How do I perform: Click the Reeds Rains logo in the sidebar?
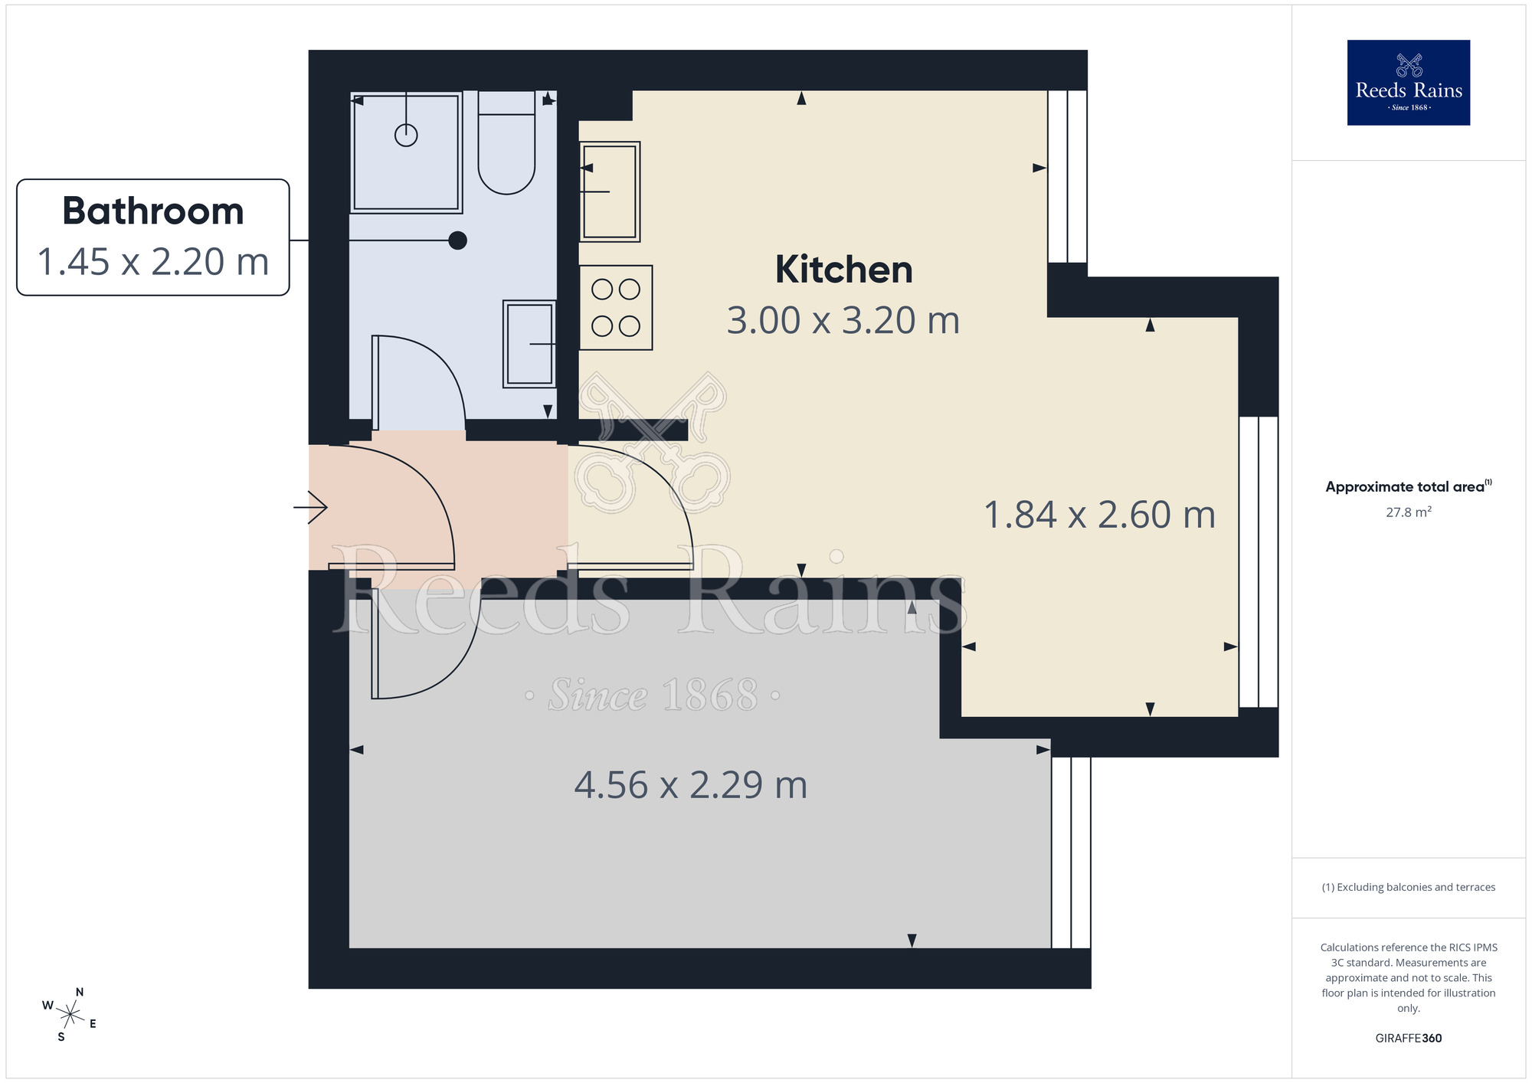1408,83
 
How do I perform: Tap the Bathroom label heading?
153,211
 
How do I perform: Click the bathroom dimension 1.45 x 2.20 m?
153,262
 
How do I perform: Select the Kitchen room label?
843,270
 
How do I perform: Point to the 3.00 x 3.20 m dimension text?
843,321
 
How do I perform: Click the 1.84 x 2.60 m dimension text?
1099,515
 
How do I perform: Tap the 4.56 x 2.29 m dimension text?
690,785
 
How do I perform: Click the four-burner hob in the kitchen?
616,308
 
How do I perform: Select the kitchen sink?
610,191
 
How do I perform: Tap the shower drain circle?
406,136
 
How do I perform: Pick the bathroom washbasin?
529,344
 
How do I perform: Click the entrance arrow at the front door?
311,507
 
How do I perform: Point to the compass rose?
70,1016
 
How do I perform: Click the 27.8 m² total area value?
1408,512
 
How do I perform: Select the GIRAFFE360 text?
1408,1039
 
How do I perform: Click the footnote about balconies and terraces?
1408,887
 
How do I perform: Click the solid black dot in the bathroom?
457,240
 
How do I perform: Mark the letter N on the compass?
80,993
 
